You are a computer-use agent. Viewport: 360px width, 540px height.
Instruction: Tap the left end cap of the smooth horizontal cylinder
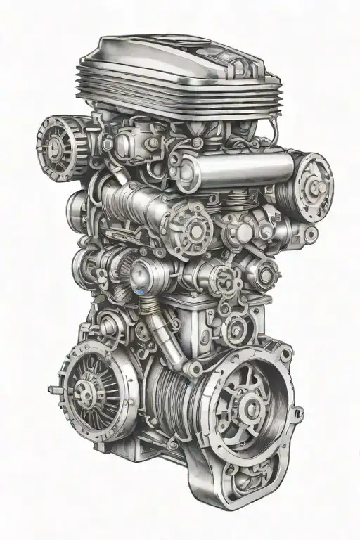[187, 173]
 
